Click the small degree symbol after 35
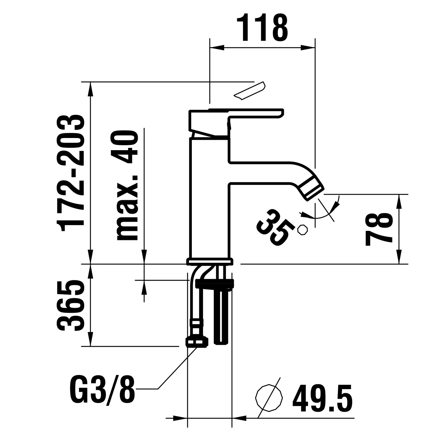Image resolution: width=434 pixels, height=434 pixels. click(x=303, y=230)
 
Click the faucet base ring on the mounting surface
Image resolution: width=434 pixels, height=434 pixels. click(x=209, y=261)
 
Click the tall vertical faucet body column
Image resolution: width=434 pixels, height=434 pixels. click(x=209, y=198)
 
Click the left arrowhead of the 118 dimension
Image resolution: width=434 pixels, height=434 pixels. click(x=217, y=47)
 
